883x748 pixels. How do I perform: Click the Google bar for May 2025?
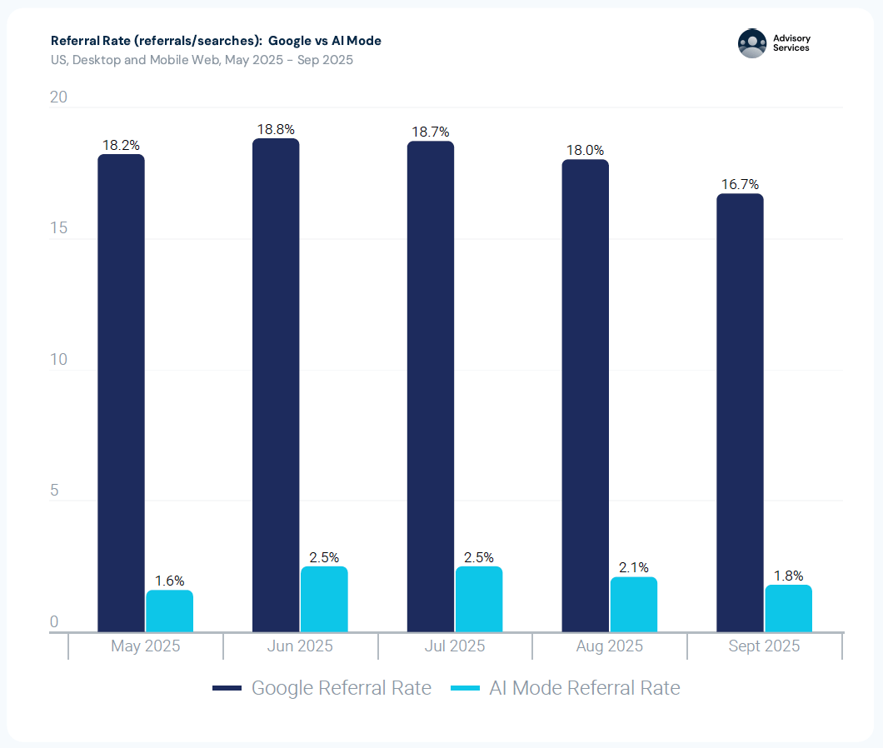coord(121,392)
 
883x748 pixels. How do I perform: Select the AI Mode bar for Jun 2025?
coord(324,599)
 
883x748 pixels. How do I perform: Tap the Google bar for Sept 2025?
coord(740,412)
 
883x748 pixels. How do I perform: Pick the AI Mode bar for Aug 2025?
coord(634,604)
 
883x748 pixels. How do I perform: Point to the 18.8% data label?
coord(276,129)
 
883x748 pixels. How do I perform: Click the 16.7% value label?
coord(740,184)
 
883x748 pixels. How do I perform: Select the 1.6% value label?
coord(169,581)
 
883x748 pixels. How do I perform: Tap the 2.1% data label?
coord(634,567)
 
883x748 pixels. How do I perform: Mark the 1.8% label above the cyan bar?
coord(788,576)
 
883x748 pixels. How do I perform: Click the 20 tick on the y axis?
coord(58,97)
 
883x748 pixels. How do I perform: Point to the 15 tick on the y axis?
coord(58,229)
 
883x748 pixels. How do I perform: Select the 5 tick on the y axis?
coord(54,491)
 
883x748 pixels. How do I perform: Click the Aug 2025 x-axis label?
coord(610,646)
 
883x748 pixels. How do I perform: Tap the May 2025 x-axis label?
coord(145,646)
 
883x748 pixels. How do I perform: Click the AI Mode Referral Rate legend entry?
coord(566,688)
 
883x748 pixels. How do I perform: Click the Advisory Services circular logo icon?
coord(752,43)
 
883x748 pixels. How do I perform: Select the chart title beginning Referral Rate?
coord(216,41)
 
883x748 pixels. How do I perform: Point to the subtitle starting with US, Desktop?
coord(202,60)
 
